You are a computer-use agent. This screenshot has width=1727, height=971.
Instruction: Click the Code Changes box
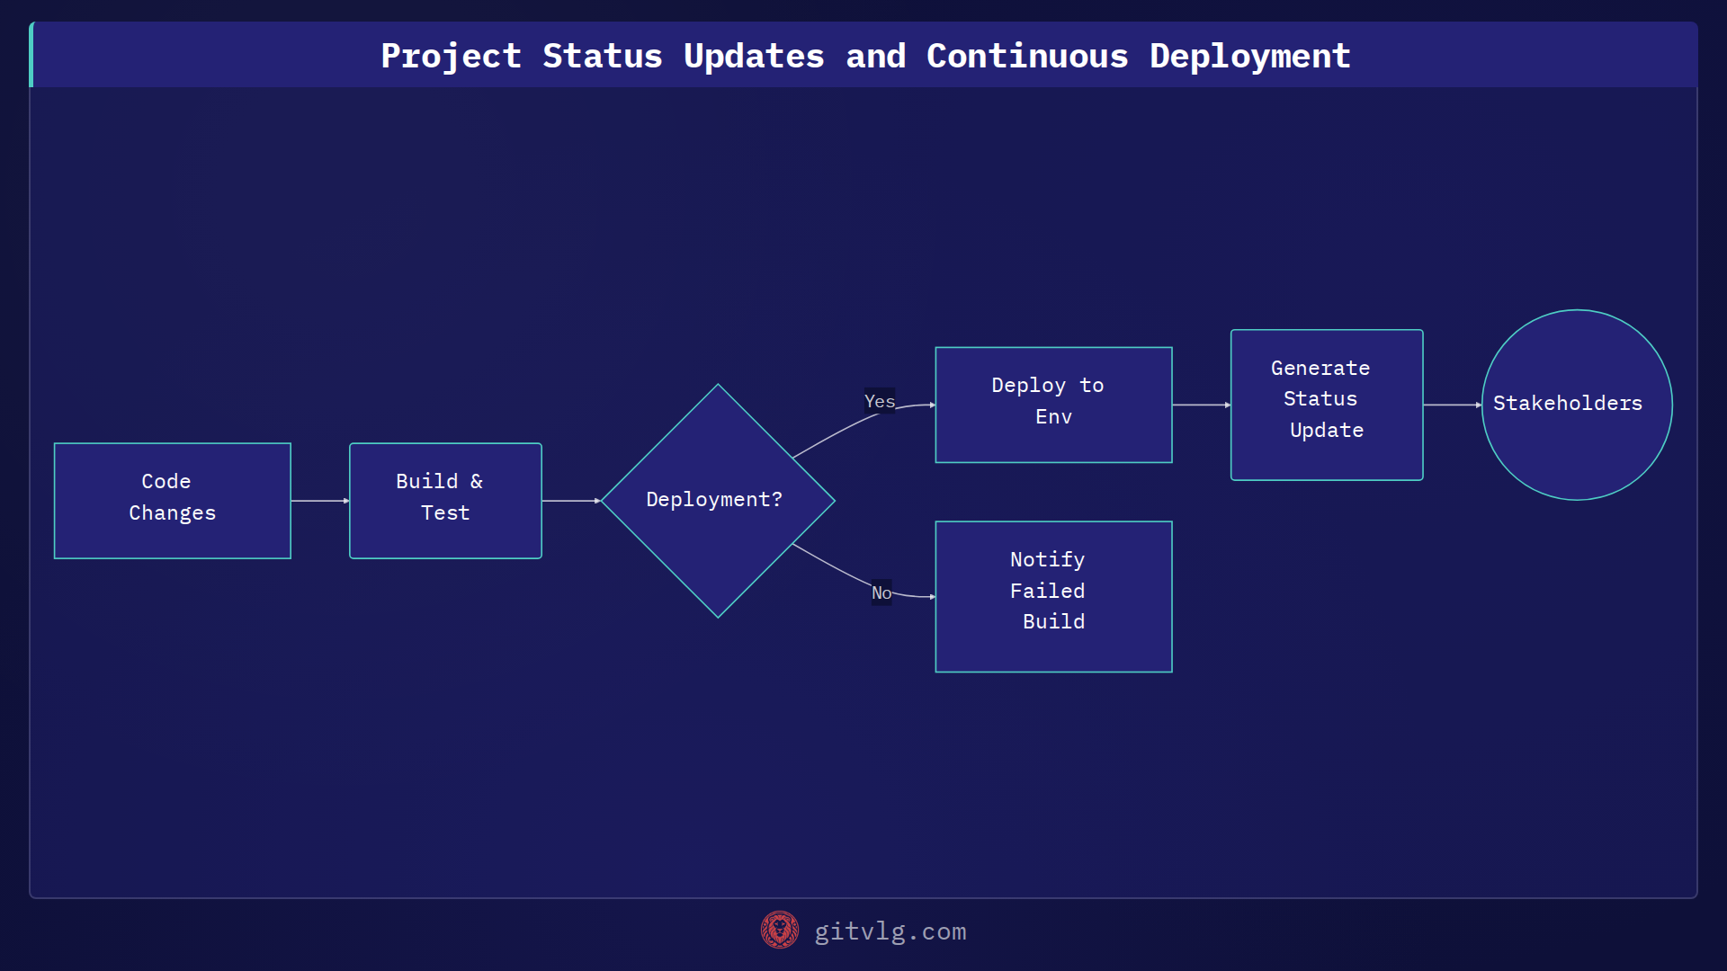coord(172,500)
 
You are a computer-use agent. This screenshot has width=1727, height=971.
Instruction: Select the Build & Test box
coord(445,500)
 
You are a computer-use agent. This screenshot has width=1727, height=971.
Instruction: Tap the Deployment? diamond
coord(717,500)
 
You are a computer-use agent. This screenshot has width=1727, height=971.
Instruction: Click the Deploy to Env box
coord(1053,405)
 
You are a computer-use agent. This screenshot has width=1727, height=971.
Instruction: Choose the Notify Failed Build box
coord(1053,596)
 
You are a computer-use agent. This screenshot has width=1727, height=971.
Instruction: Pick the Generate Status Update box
coord(1326,405)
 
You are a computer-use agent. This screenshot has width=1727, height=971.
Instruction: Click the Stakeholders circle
coord(1576,405)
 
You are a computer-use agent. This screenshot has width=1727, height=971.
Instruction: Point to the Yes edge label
coord(879,401)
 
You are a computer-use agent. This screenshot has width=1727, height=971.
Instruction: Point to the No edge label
coord(881,592)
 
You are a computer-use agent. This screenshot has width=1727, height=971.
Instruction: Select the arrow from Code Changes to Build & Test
coord(319,501)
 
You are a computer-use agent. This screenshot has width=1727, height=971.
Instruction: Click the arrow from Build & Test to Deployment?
coord(570,501)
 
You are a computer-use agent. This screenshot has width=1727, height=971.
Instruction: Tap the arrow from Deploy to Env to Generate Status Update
coord(1201,405)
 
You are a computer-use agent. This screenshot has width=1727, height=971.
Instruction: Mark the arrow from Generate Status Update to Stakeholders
coord(1451,405)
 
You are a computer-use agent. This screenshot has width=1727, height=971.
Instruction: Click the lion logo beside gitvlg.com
coord(779,930)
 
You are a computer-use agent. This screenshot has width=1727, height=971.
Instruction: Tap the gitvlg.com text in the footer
coord(890,931)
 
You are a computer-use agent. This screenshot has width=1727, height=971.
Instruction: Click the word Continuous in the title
coord(1026,56)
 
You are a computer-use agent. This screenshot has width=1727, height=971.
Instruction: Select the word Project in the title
coord(451,56)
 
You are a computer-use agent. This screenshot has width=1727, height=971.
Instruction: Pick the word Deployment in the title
coord(1249,56)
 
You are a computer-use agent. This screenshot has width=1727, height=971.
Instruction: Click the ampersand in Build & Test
coord(477,482)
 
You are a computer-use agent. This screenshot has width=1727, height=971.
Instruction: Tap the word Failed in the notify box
coord(1047,591)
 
